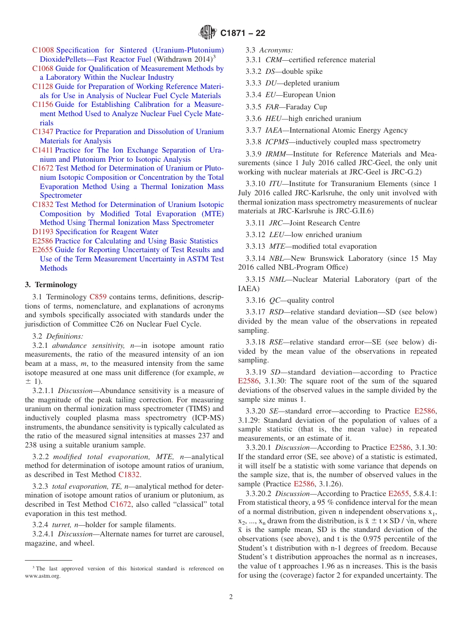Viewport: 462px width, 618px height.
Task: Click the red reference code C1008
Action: pyautogui.click(x=43, y=50)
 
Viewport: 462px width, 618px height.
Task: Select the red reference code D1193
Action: pyautogui.click(x=43, y=232)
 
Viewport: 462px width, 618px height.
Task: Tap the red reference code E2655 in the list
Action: pyautogui.click(x=43, y=250)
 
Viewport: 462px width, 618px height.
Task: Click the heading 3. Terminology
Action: pyautogui.click(x=51, y=285)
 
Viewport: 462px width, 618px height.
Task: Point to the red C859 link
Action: pyautogui.click(x=98, y=297)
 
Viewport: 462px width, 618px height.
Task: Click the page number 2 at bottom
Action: pyautogui.click(x=231, y=597)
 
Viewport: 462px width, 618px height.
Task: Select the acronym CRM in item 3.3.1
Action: pyautogui.click(x=273, y=60)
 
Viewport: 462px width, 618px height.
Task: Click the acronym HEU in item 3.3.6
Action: pyautogui.click(x=273, y=119)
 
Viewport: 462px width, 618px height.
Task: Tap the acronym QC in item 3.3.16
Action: pyautogui.click(x=274, y=300)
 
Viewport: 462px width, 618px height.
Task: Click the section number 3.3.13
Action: pyautogui.click(x=255, y=246)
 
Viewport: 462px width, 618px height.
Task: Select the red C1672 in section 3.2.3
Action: pyautogui.click(x=120, y=505)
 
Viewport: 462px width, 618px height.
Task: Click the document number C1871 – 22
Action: pyautogui.click(x=243, y=34)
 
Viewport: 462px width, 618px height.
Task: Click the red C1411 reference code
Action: pyautogui.click(x=43, y=150)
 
